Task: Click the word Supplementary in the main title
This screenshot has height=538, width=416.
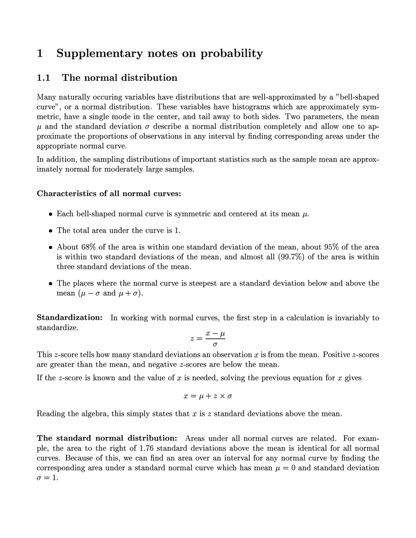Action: pyautogui.click(x=99, y=54)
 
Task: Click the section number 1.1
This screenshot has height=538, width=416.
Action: pyautogui.click(x=43, y=78)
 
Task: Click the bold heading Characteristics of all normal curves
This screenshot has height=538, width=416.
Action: pyautogui.click(x=109, y=194)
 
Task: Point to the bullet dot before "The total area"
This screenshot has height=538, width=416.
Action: pyautogui.click(x=50, y=231)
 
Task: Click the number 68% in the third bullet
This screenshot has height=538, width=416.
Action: pyautogui.click(x=88, y=247)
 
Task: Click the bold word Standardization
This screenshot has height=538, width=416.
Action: pyautogui.click(x=70, y=318)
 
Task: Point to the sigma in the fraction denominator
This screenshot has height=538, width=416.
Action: pyautogui.click(x=215, y=343)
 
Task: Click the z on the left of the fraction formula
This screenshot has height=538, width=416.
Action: pyautogui.click(x=192, y=339)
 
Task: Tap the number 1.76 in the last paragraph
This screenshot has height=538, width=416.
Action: pyautogui.click(x=147, y=448)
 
